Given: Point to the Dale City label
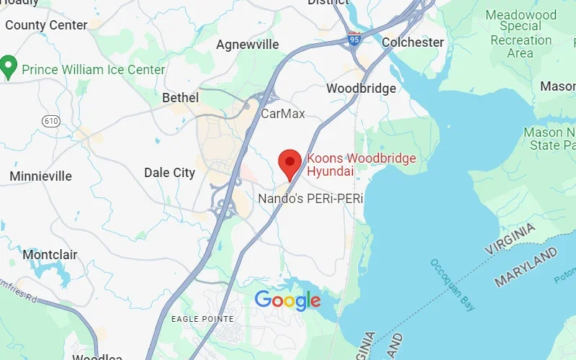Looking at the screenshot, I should tap(169, 173).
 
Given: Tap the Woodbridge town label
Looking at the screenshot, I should tap(361, 89).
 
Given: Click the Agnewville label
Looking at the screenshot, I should tap(247, 45).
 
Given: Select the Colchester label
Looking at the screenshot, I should tap(413, 42).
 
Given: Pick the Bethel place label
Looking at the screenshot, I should tap(180, 97).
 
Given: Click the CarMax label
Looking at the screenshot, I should tap(282, 114).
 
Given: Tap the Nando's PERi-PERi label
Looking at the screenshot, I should tap(310, 197).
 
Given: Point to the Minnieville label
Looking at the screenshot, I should tap(40, 176).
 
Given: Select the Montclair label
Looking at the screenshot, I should tap(50, 255).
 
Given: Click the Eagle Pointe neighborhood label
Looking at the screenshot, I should tap(202, 318).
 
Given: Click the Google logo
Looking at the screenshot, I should tap(287, 300).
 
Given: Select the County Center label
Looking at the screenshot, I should tap(46, 25).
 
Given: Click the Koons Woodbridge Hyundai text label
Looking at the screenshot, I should tap(361, 165).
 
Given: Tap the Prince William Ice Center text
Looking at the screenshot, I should tap(94, 70).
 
